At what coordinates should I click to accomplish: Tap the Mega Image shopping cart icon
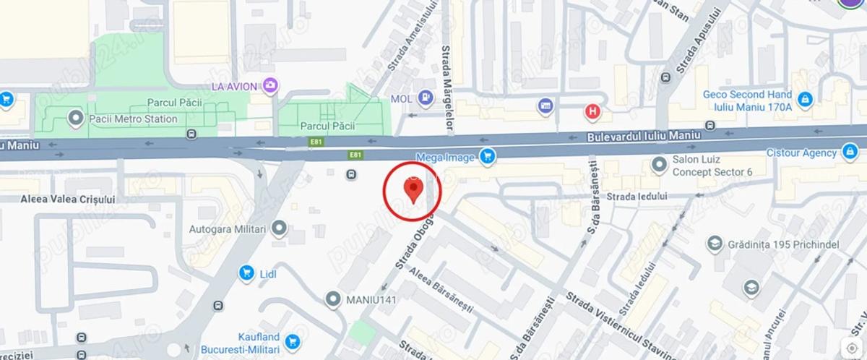click(x=488, y=156)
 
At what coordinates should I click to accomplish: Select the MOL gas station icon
click(x=426, y=98)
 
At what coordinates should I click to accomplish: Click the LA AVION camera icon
click(x=269, y=86)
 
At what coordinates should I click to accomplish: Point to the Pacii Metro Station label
click(x=132, y=119)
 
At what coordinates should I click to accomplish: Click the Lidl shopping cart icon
click(x=246, y=273)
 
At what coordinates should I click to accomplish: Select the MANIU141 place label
click(x=372, y=298)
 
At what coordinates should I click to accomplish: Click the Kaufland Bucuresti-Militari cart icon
click(x=292, y=341)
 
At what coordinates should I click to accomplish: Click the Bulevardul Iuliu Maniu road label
click(x=634, y=135)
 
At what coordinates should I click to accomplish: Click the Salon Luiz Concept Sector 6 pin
click(x=658, y=166)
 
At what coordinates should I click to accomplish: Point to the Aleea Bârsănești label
click(x=441, y=291)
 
